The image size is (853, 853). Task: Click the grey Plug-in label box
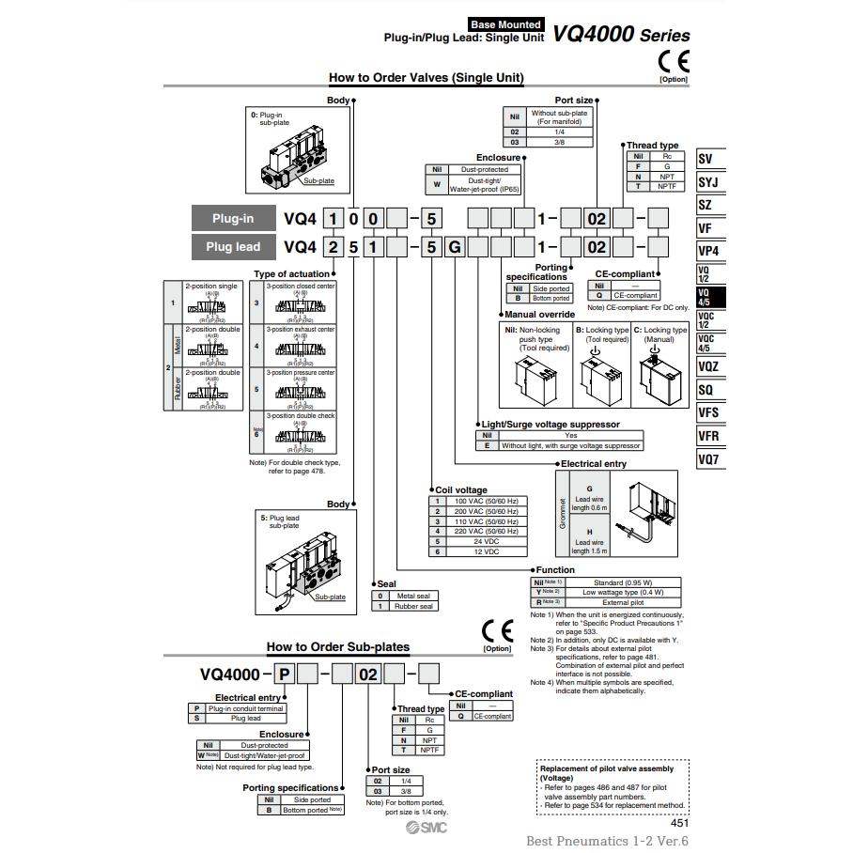(x=232, y=219)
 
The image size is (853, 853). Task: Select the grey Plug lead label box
(x=232, y=247)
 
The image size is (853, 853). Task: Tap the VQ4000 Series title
(x=621, y=36)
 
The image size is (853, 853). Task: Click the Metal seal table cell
(x=413, y=596)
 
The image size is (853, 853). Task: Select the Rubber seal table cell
(x=413, y=606)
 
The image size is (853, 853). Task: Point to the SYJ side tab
(x=710, y=182)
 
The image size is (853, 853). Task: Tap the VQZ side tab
(x=710, y=366)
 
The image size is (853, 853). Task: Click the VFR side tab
(x=710, y=436)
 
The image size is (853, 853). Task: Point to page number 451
(x=679, y=822)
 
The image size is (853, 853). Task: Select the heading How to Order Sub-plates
(x=337, y=646)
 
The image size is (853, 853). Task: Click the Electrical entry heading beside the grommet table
(x=594, y=464)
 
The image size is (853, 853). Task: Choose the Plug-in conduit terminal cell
(x=246, y=708)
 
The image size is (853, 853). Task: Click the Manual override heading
(x=539, y=315)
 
